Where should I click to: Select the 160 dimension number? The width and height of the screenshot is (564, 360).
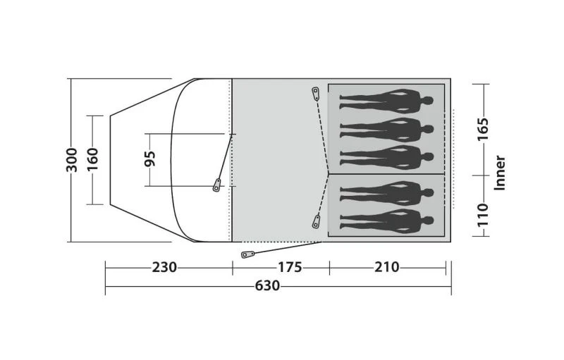point(93,160)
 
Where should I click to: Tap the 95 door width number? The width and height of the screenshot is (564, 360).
point(149,159)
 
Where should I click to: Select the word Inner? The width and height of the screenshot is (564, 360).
point(500,173)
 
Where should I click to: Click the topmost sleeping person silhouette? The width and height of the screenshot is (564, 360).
point(386,101)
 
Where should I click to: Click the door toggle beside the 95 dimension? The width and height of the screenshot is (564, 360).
point(217,185)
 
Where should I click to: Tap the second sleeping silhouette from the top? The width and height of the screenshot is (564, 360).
point(386,128)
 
